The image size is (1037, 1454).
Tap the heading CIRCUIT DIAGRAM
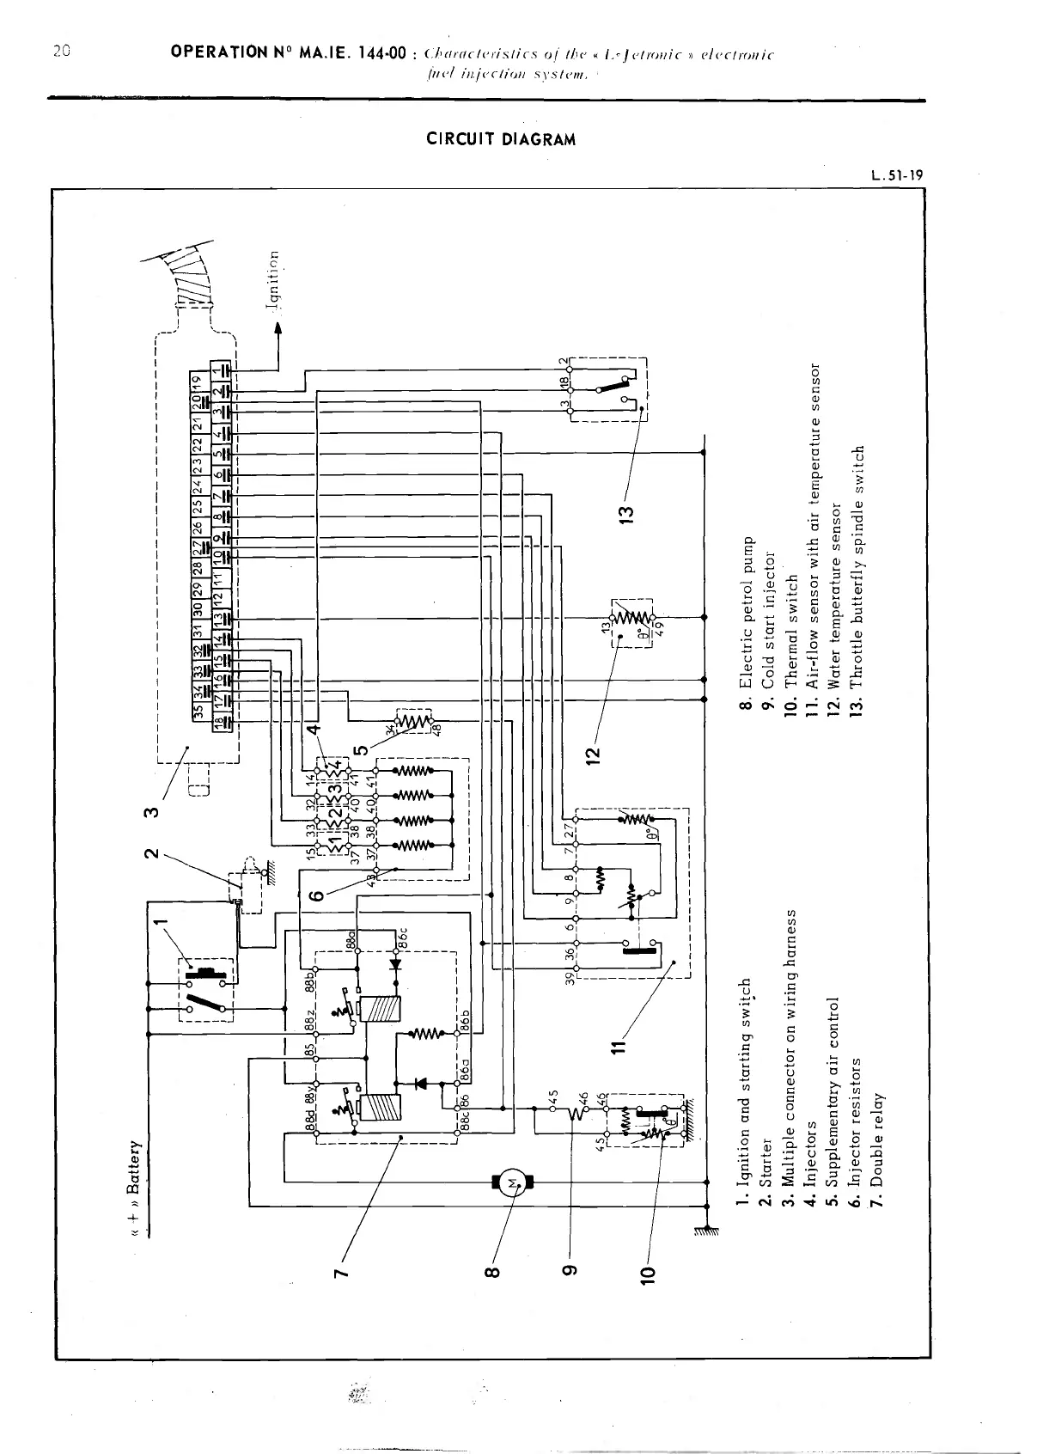point(501,139)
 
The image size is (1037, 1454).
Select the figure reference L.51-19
point(896,176)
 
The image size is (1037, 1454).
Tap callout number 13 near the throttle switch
point(627,514)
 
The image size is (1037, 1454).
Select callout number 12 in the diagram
point(591,754)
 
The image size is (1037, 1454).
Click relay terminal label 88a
point(351,940)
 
